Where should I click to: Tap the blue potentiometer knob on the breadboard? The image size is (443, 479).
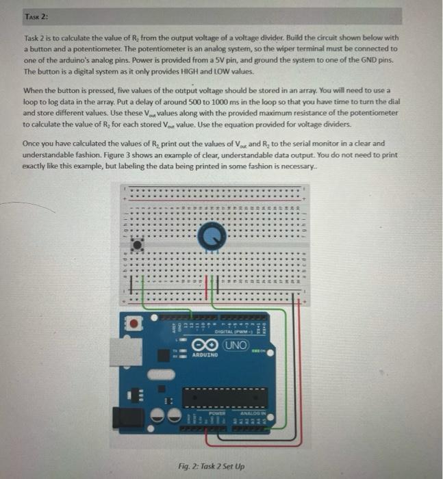point(211,237)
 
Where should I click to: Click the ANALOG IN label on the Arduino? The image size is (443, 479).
point(254,413)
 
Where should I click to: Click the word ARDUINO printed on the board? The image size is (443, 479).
point(205,356)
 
